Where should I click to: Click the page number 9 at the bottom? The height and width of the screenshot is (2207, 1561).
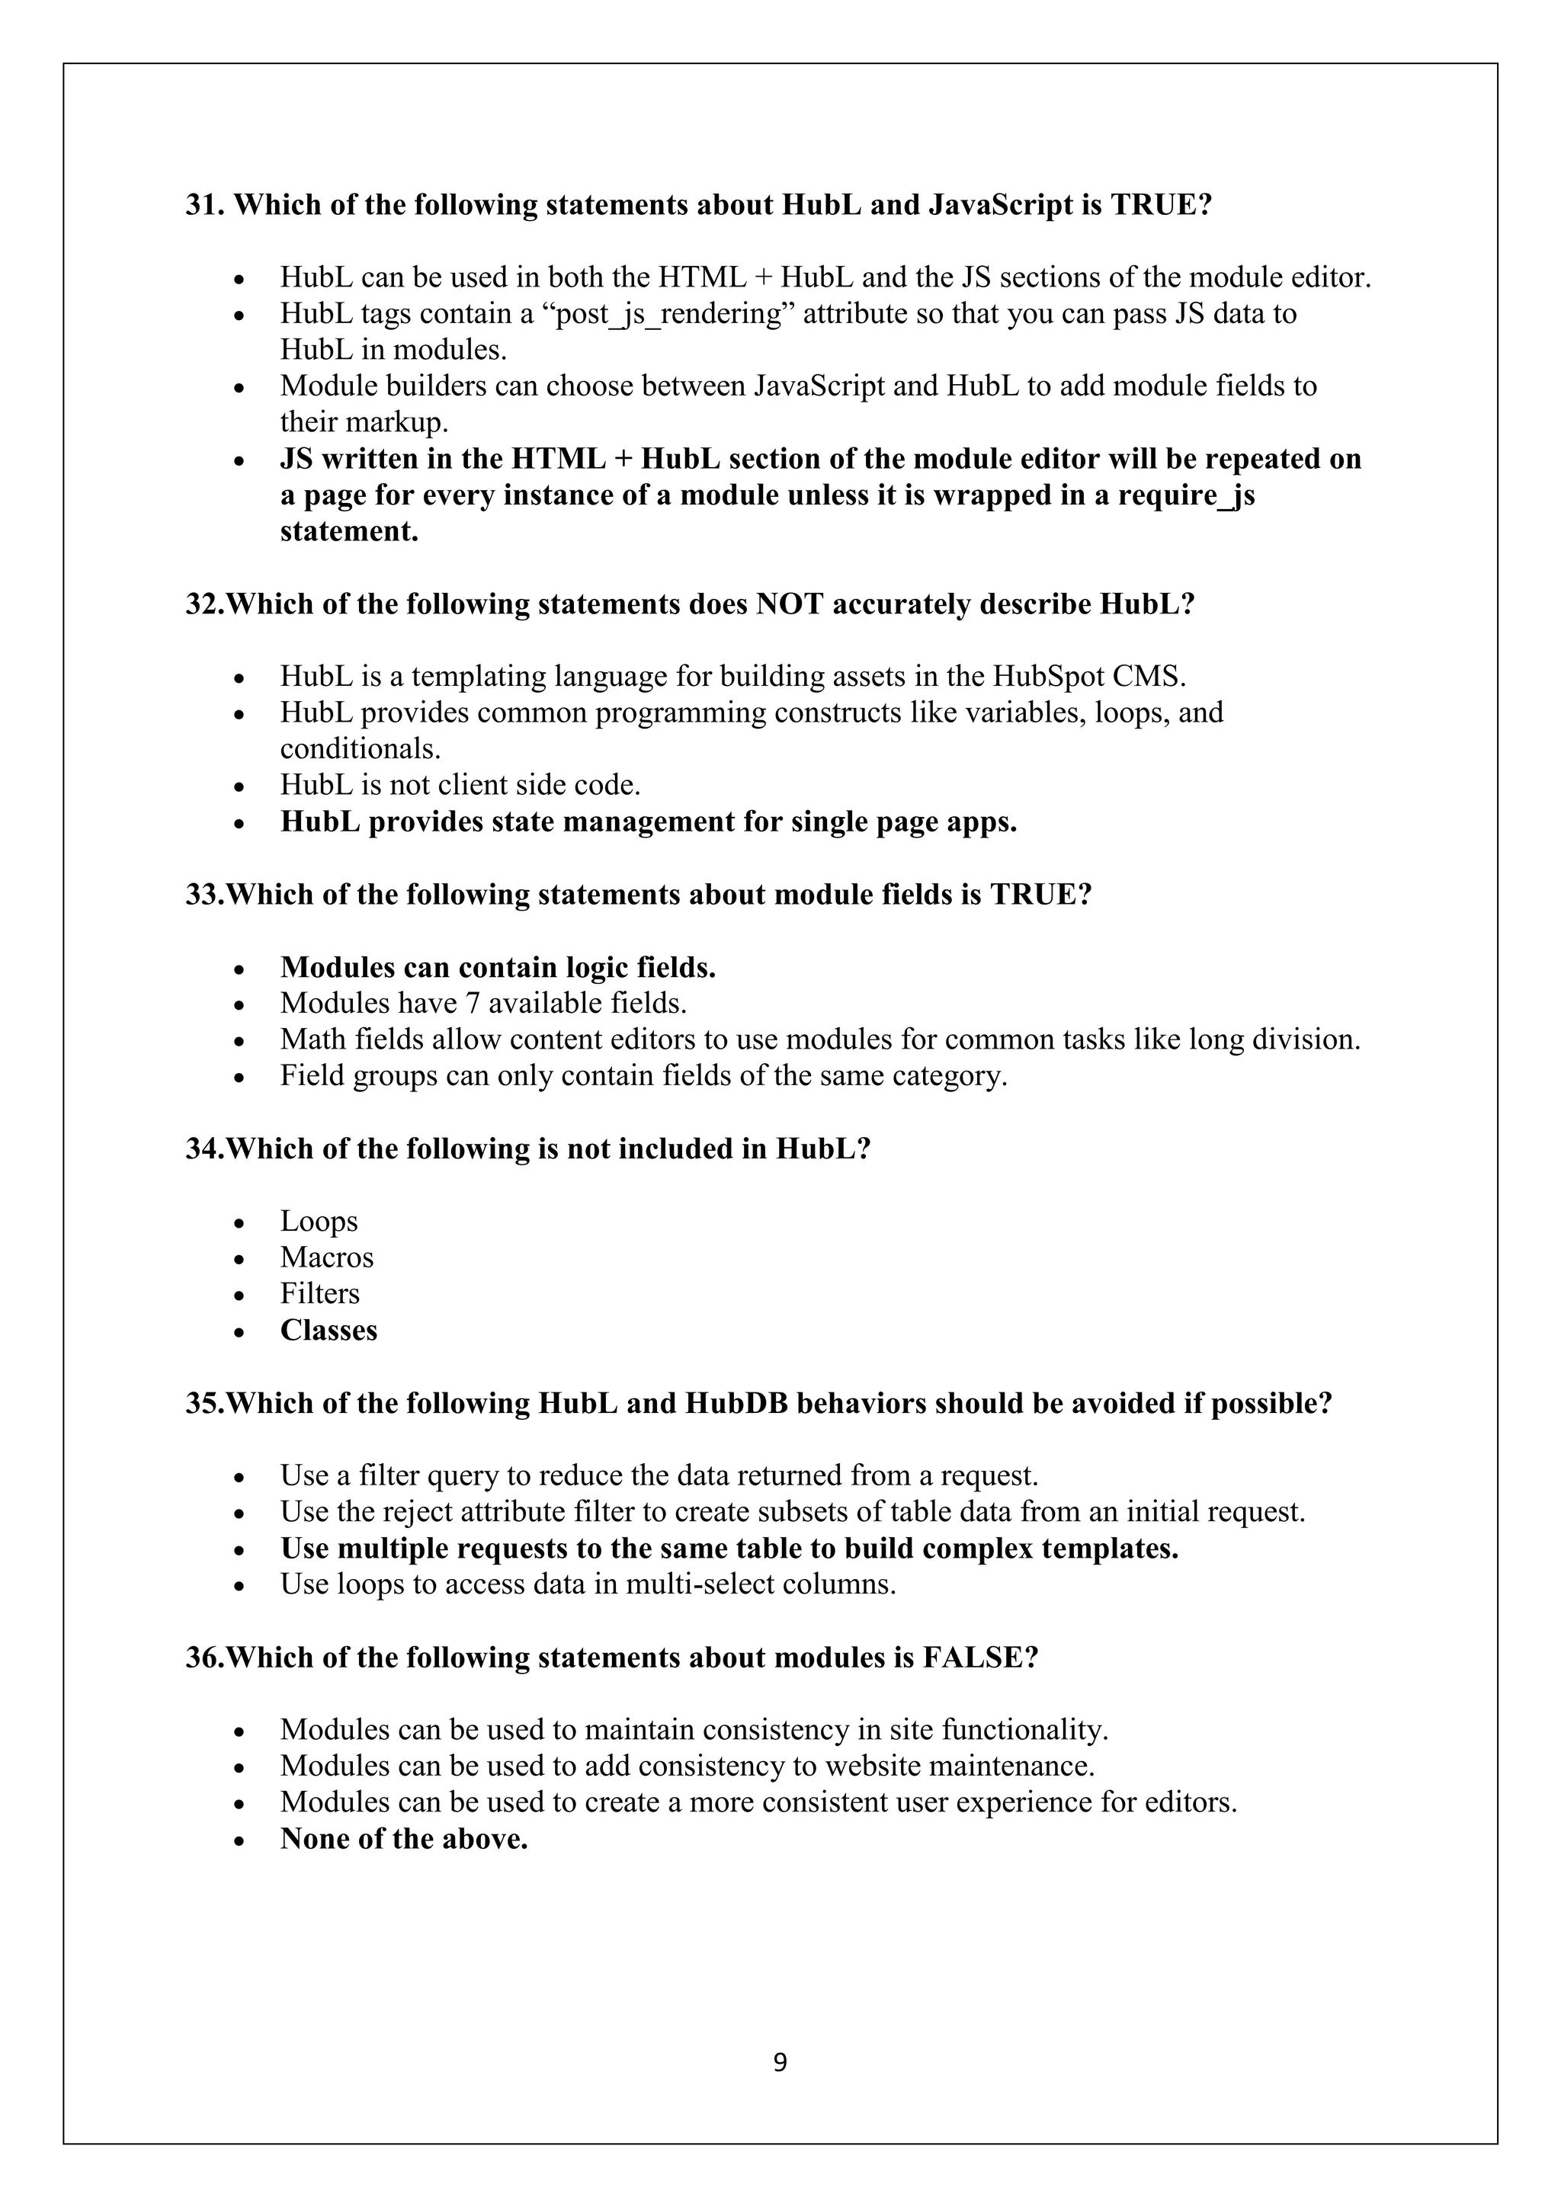coord(780,2063)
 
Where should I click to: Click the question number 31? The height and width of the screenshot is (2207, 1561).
coord(204,205)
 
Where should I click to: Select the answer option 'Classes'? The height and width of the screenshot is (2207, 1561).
coord(329,1331)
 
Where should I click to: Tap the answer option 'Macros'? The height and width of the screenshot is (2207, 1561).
coord(327,1257)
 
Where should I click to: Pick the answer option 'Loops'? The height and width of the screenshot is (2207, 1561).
coord(319,1222)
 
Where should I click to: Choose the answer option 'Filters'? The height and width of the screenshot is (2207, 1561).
coord(320,1294)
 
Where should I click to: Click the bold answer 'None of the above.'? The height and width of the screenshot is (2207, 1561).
coord(404,1839)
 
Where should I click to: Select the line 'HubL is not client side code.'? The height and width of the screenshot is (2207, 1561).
coord(460,786)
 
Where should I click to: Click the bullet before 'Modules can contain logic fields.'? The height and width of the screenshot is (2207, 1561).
coord(240,969)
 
